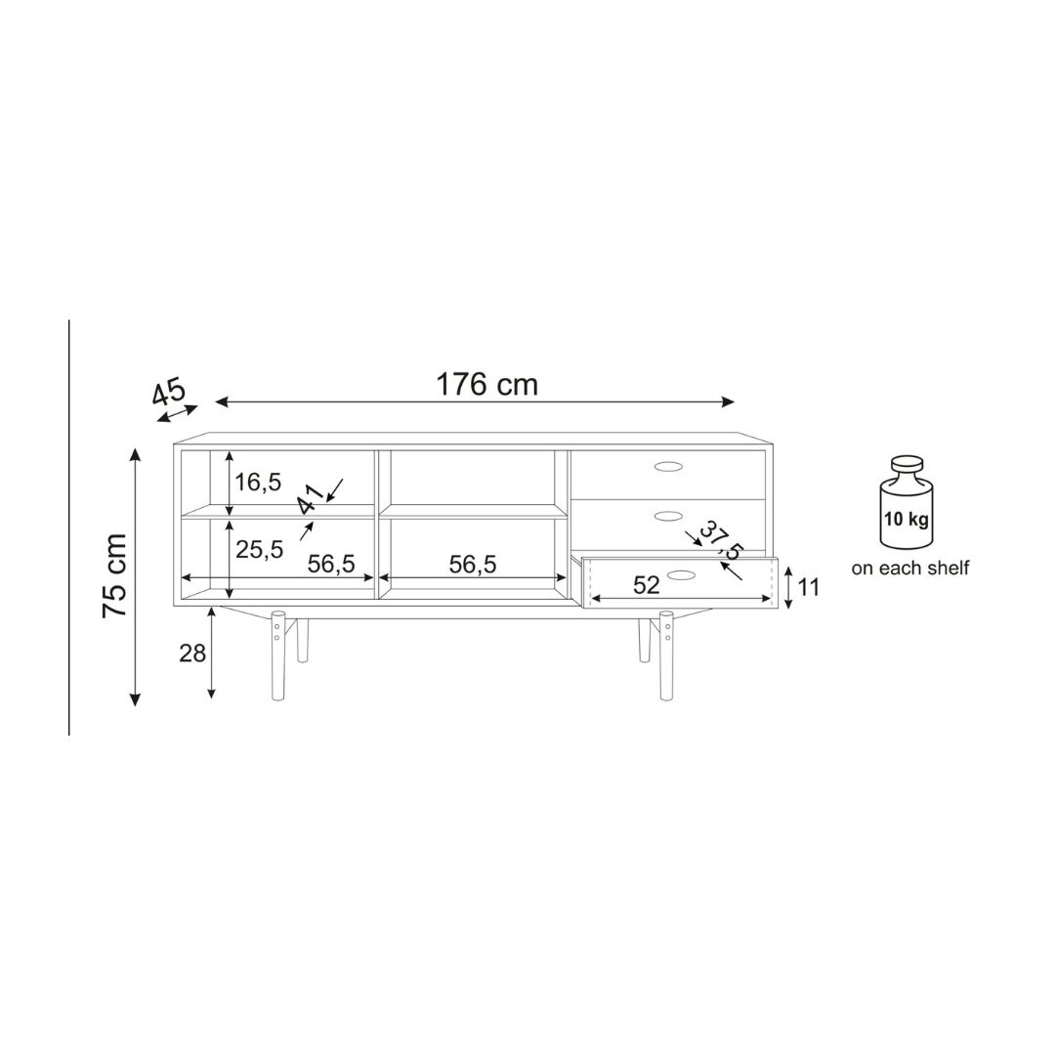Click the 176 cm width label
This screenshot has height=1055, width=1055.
point(487,385)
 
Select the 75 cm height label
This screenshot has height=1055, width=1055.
point(114,576)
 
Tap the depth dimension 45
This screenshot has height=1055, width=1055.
point(168,393)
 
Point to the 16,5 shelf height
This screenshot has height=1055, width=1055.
point(258,483)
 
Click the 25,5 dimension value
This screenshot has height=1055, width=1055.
point(260,550)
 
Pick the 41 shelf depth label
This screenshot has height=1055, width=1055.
point(312,500)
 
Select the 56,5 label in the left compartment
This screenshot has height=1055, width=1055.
point(331,564)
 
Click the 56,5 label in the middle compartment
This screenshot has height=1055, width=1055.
point(473,565)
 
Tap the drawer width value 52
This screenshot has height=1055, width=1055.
point(647,585)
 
